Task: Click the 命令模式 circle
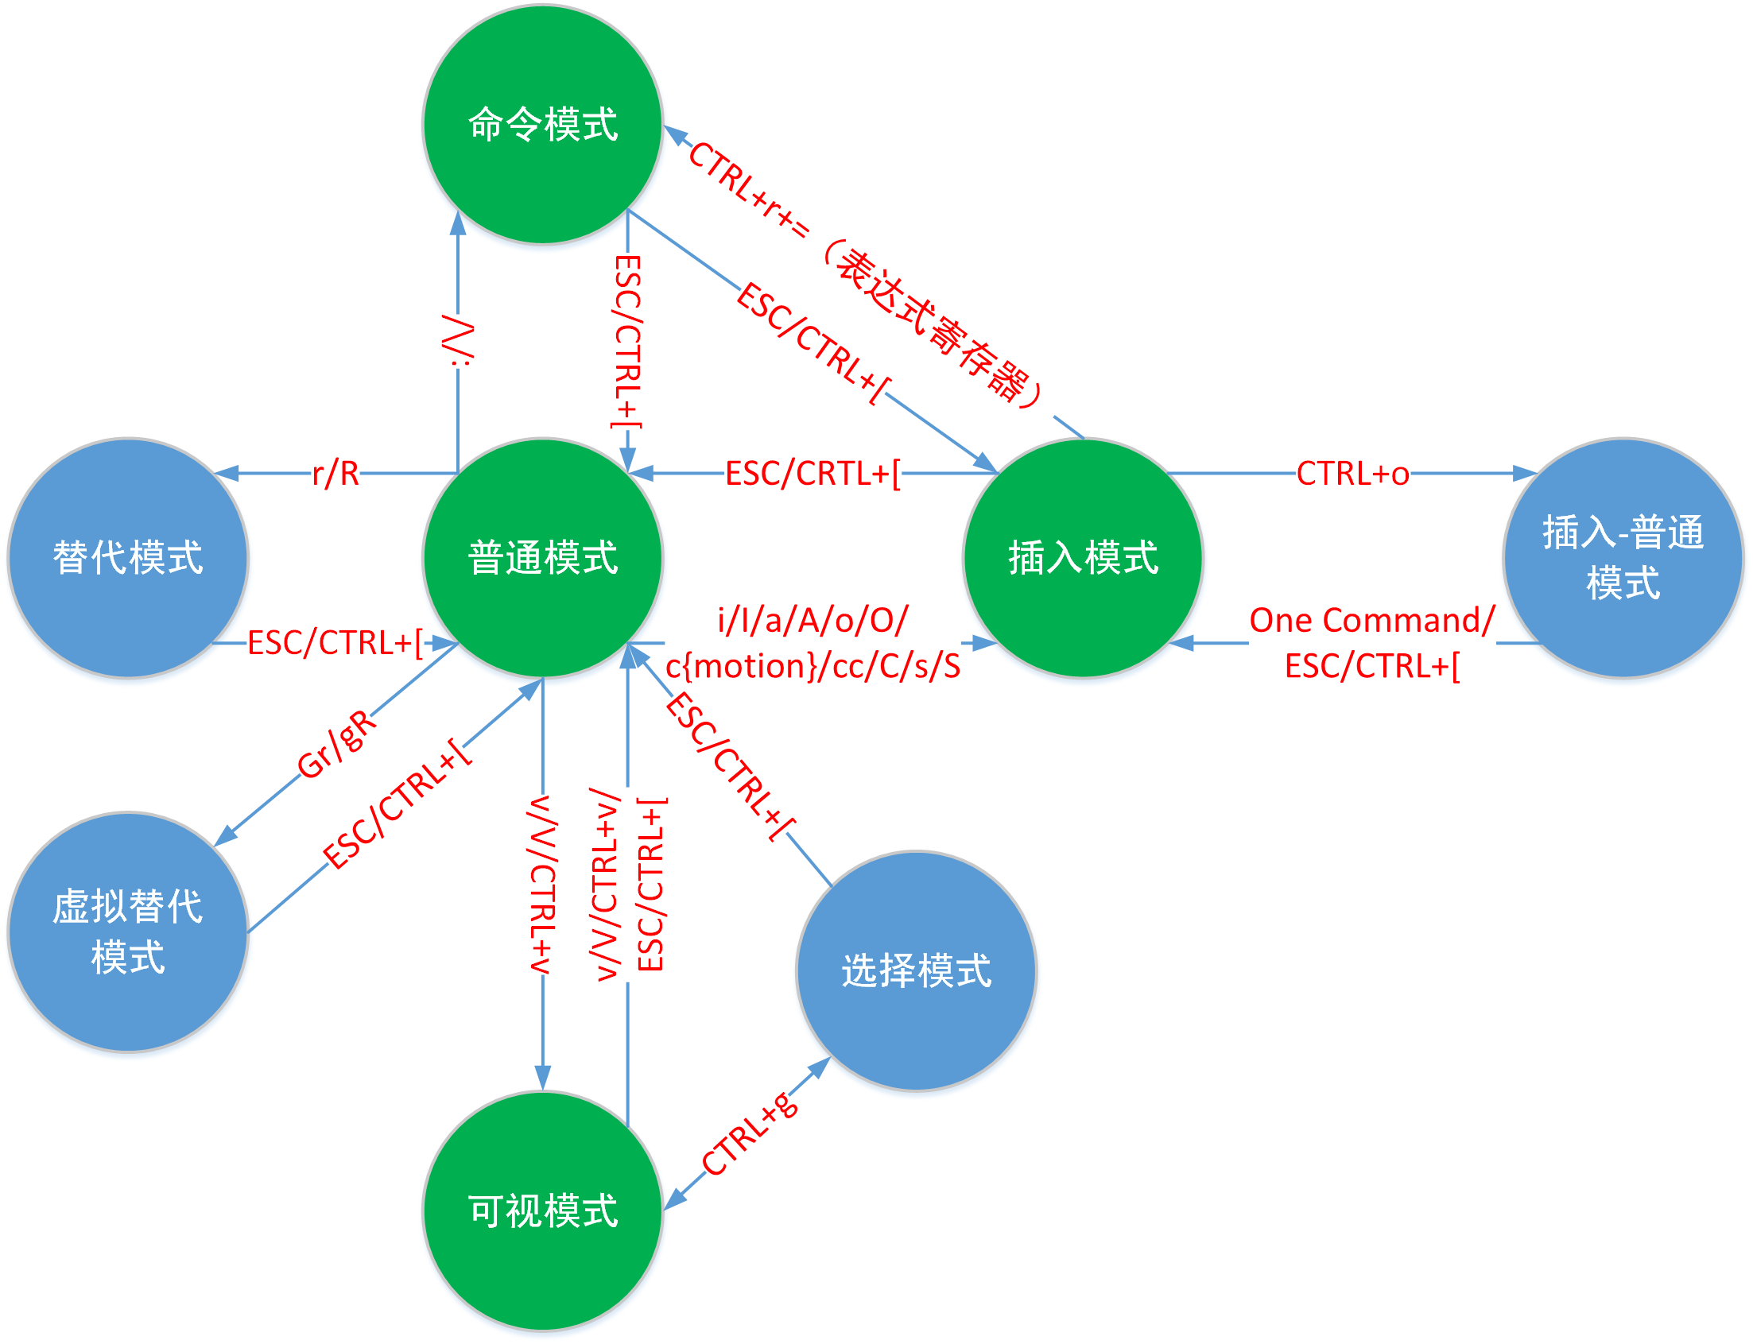(x=542, y=125)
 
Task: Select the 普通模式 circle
(x=542, y=558)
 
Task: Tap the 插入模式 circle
(x=1083, y=558)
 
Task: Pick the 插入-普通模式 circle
(x=1623, y=558)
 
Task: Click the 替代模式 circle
(x=128, y=558)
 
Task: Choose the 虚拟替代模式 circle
(x=128, y=932)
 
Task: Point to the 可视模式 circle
(x=542, y=1210)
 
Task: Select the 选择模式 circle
(x=916, y=970)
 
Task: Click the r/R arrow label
(x=335, y=474)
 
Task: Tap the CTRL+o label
(x=1352, y=474)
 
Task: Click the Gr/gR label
(x=336, y=744)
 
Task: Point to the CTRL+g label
(x=750, y=1134)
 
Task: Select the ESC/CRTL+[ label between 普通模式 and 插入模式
(x=813, y=474)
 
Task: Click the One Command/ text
(x=1372, y=620)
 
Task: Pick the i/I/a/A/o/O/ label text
(x=813, y=620)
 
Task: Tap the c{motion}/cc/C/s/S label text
(x=813, y=665)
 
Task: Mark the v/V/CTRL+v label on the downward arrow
(x=542, y=884)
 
